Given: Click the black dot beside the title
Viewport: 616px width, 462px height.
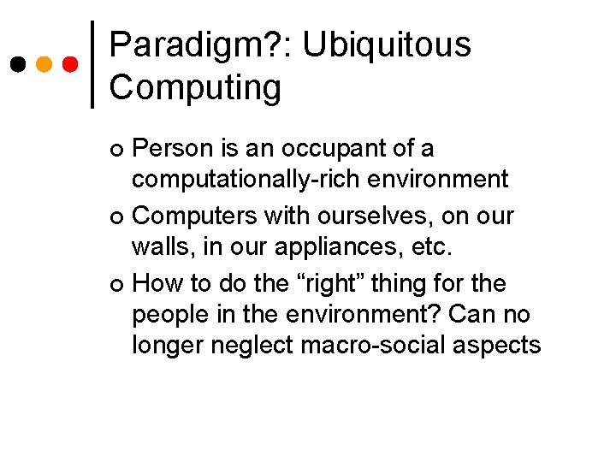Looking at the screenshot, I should (16, 65).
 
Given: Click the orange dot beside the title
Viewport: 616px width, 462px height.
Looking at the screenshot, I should (44, 65).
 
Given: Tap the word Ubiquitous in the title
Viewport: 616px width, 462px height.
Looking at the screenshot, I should (387, 45).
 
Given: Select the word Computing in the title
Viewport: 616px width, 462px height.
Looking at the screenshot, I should (195, 87).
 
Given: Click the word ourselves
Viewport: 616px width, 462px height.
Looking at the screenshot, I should (392, 216).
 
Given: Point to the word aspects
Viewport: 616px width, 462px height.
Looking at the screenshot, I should (500, 346).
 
